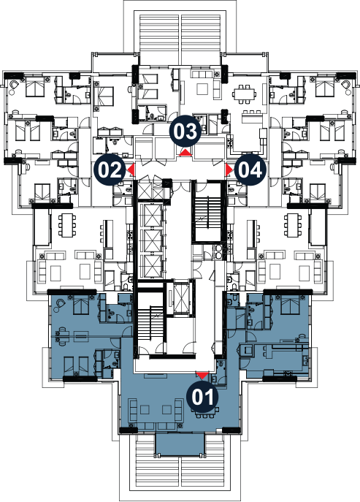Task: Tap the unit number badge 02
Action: (x=110, y=170)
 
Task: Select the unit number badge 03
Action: (x=186, y=132)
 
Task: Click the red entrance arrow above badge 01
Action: (x=202, y=375)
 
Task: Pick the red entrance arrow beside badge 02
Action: (x=131, y=170)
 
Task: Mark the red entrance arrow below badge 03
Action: (x=186, y=153)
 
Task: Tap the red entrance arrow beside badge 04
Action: (x=229, y=170)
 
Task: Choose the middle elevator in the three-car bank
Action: (x=150, y=240)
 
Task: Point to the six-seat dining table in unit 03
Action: (x=246, y=93)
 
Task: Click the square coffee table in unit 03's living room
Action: (x=202, y=88)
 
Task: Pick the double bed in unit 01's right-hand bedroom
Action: (x=289, y=305)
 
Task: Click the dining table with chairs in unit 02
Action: (x=67, y=226)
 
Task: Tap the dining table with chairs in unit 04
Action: (x=291, y=226)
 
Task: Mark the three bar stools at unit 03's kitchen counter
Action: (x=251, y=112)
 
